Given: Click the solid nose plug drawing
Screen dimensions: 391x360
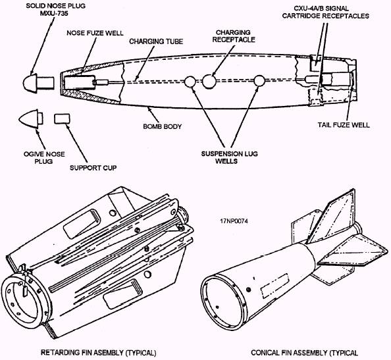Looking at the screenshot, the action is pos(38,83).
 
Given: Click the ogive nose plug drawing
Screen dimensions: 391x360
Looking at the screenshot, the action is pos(31,119).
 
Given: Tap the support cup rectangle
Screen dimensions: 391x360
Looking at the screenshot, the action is pos(62,118).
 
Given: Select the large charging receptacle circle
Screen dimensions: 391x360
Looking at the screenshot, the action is pos(209,81).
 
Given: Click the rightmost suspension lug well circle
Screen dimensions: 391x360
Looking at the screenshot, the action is pos(259,80).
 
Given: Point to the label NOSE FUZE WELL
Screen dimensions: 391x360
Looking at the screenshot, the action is pos(95,33).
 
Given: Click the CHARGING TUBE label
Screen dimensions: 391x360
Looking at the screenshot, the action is pos(156,41).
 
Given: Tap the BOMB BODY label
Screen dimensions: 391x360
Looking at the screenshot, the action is pos(163,126).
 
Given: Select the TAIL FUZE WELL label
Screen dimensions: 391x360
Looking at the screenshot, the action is pos(344,124).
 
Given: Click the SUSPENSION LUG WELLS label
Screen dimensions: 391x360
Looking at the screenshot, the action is pos(230,157).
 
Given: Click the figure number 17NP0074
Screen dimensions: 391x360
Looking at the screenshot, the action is pos(234,221).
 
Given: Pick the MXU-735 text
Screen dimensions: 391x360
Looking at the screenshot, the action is pos(53,13).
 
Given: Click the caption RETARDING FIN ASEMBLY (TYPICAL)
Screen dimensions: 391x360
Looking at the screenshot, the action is pos(99,353).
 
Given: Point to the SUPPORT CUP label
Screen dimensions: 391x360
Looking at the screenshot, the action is pos(93,168).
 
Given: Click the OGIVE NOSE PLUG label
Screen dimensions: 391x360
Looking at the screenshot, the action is pos(44,157).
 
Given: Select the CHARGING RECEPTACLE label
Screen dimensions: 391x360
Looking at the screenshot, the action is pos(234,36).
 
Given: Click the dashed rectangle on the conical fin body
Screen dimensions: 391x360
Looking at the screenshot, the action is pos(274,286).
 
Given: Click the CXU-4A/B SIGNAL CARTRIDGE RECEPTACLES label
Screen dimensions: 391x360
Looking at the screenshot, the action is pos(325,13).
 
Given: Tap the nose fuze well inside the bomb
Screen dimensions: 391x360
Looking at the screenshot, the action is pos(80,82).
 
